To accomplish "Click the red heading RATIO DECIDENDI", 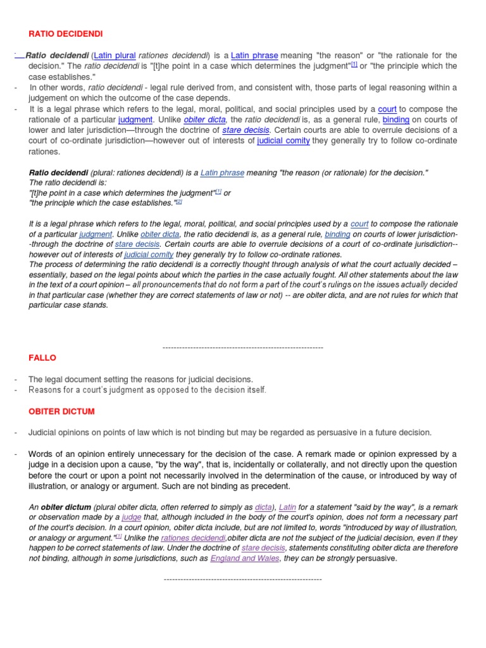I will pyautogui.click(x=66, y=33).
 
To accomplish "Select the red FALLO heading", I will pyautogui.click(x=43, y=358).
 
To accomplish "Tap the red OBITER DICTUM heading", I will pyautogui.click(x=61, y=411).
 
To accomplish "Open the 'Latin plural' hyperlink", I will pyautogui.click(x=115, y=56).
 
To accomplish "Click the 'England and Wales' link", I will pyautogui.click(x=244, y=558).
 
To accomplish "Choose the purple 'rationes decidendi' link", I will pyautogui.click(x=193, y=537).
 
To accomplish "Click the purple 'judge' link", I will pyautogui.click(x=132, y=516).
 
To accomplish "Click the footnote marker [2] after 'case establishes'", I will pyautogui.click(x=178, y=201).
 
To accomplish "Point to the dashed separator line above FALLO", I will pyautogui.click(x=242, y=347).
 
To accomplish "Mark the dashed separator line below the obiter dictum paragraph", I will pyautogui.click(x=242, y=579).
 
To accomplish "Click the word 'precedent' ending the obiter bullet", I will pyautogui.click(x=271, y=486).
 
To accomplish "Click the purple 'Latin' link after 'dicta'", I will pyautogui.click(x=288, y=506).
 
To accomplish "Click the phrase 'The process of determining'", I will pyautogui.click(x=78, y=264).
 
